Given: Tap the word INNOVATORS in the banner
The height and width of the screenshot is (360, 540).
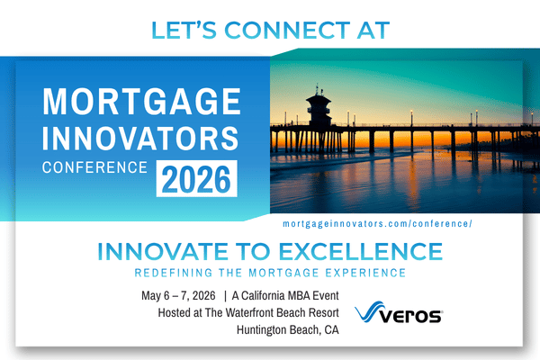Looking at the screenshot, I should [141, 138].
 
